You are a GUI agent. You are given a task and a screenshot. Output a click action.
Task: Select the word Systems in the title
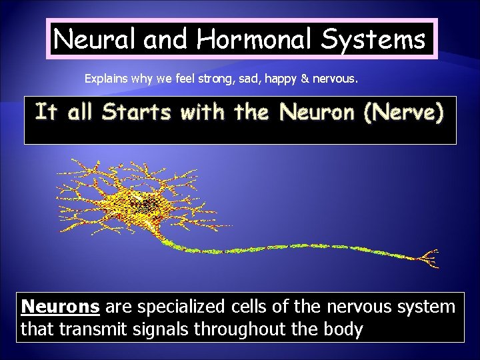tap(373, 39)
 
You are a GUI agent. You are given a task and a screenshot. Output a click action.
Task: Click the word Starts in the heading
tap(137, 112)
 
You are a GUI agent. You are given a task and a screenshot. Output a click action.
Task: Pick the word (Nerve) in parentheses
tap(403, 112)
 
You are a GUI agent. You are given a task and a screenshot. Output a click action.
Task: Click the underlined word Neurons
tap(61, 307)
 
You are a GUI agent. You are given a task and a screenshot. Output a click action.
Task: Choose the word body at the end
tap(343, 329)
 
